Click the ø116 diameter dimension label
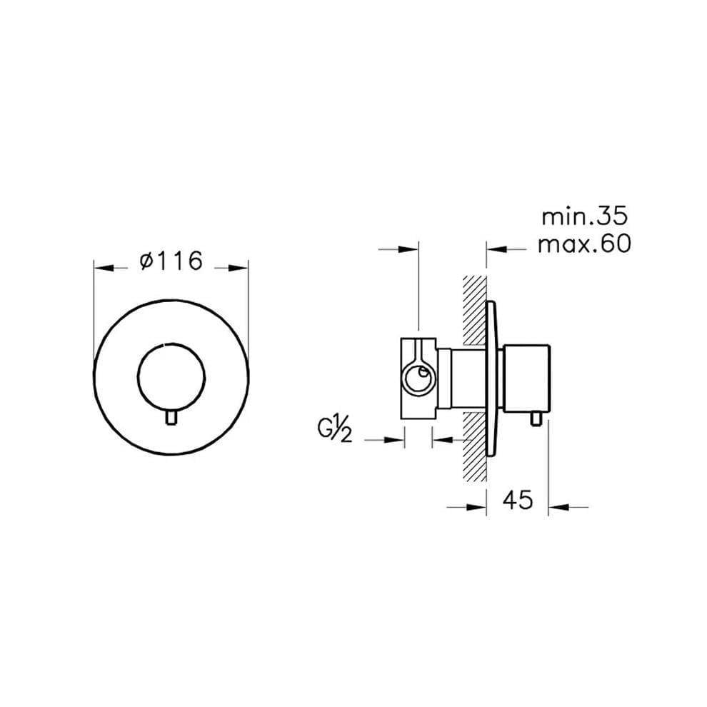171,261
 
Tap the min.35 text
584,216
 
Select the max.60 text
584,244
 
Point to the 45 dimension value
518,500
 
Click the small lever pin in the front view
171,417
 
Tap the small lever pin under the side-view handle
536,419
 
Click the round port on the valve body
419,378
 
